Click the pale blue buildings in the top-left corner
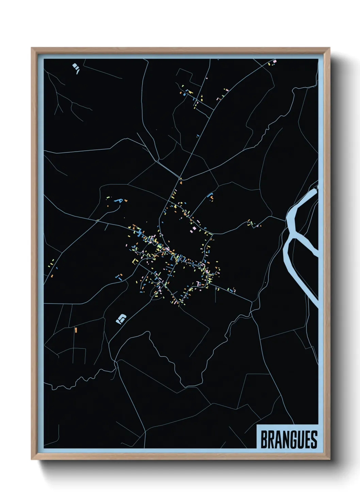(76, 67)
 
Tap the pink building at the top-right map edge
(275, 61)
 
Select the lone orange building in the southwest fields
(76, 330)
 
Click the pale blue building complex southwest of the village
(121, 319)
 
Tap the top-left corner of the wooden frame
(32, 48)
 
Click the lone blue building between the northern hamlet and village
(198, 136)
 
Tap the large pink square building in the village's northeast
(194, 228)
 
